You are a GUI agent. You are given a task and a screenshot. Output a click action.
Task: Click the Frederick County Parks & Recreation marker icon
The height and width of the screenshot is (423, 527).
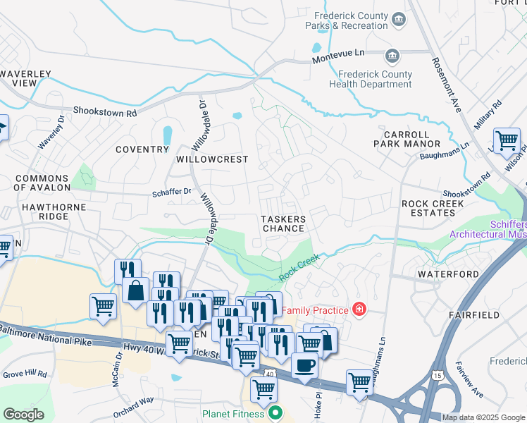pyautogui.click(x=399, y=18)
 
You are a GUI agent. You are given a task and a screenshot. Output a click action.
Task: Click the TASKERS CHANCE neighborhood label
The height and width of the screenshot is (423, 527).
pyautogui.click(x=283, y=223)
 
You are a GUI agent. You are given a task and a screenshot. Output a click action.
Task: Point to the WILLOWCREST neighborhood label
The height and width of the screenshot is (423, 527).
pyautogui.click(x=212, y=159)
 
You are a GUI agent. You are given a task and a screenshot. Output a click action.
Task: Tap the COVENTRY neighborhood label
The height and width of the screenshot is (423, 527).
pyautogui.click(x=142, y=149)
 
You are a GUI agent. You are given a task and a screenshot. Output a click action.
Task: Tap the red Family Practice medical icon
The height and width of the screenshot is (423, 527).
pyautogui.click(x=359, y=309)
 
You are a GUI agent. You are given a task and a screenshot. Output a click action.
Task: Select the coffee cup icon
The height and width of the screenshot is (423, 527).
pyautogui.click(x=304, y=365)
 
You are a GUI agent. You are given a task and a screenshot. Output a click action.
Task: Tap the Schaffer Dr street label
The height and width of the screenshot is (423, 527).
pyautogui.click(x=172, y=191)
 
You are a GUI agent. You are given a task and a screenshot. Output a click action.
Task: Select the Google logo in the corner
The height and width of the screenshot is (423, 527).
pyautogui.click(x=23, y=415)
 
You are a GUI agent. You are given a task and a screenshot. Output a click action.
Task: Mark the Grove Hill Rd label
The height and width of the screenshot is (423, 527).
pyautogui.click(x=24, y=373)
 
